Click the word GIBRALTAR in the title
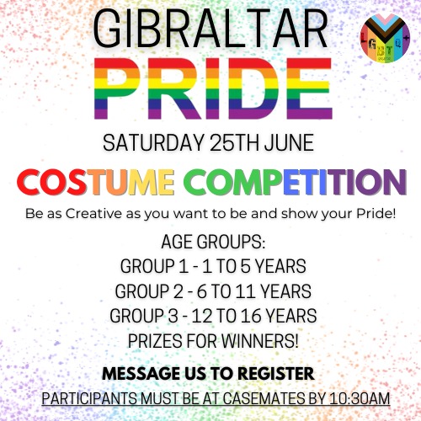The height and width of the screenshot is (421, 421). [210, 29]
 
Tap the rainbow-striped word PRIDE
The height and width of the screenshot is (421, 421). [213, 88]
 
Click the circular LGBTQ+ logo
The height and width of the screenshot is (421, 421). [385, 38]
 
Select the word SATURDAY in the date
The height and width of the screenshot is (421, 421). [153, 143]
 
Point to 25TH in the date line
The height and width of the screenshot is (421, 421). [234, 143]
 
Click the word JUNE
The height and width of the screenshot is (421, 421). [289, 143]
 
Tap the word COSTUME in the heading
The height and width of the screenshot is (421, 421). [95, 182]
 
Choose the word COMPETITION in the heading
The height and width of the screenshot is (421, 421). [296, 182]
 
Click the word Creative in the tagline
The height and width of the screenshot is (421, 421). [93, 214]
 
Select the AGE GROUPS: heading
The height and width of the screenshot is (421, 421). [213, 242]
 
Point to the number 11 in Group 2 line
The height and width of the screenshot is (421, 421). [245, 291]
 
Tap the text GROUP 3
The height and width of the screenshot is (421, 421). [144, 316]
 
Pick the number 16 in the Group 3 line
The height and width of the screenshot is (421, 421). [251, 316]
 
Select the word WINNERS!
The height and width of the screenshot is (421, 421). [259, 341]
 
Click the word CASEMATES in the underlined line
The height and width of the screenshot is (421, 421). [272, 398]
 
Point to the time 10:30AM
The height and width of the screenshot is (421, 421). [360, 398]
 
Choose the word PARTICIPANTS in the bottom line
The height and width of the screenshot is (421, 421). [90, 398]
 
